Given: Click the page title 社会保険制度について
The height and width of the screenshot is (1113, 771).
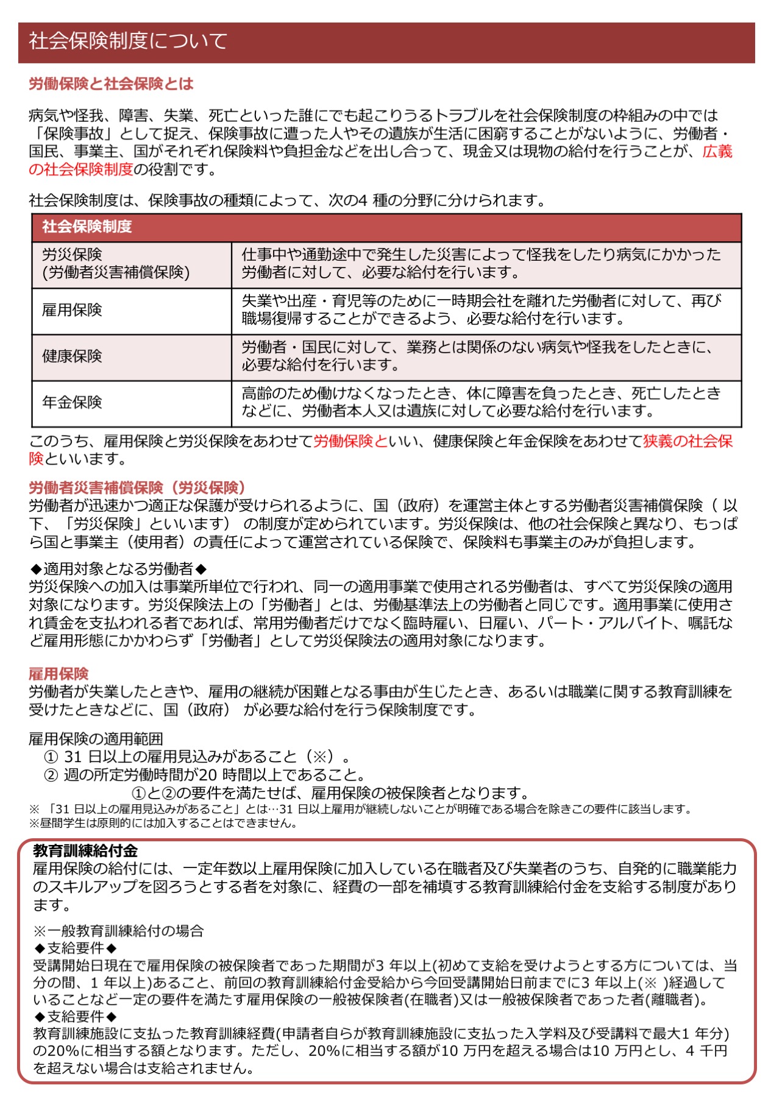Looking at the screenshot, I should (x=128, y=41).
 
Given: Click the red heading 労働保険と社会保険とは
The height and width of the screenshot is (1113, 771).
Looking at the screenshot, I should (x=111, y=83).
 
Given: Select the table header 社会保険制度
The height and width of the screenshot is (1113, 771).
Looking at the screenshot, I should (x=87, y=227).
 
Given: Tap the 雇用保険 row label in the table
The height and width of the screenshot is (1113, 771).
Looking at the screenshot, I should (x=72, y=310).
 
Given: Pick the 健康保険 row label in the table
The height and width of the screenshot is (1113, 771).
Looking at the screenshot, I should (x=72, y=356).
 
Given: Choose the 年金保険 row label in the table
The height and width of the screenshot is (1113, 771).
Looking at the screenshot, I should (x=72, y=402).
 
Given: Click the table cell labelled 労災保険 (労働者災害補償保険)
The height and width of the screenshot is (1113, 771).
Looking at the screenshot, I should (x=116, y=264).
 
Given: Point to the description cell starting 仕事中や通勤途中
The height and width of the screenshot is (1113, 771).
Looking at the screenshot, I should (x=481, y=264).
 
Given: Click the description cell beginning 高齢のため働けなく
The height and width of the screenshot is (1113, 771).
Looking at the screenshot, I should (x=481, y=402).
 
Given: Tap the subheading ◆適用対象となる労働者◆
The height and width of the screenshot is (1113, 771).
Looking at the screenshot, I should (x=119, y=569).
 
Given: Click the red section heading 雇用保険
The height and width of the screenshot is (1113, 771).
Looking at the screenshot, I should (x=59, y=673).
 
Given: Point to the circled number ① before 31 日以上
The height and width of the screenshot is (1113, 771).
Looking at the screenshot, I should (x=51, y=757).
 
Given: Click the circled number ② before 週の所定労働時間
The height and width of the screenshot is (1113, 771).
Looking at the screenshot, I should (x=51, y=776).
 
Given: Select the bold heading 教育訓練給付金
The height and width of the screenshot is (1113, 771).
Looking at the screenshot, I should (x=85, y=851).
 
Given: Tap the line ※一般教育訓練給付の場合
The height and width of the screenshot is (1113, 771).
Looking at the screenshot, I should (x=118, y=931).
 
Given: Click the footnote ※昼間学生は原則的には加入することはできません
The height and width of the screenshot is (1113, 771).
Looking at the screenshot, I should (x=163, y=824).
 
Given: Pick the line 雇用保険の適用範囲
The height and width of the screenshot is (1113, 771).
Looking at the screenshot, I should (x=96, y=739).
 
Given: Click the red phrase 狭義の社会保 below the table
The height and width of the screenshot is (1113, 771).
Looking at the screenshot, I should (x=688, y=441).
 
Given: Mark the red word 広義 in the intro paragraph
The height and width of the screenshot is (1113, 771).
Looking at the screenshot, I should (x=717, y=152).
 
